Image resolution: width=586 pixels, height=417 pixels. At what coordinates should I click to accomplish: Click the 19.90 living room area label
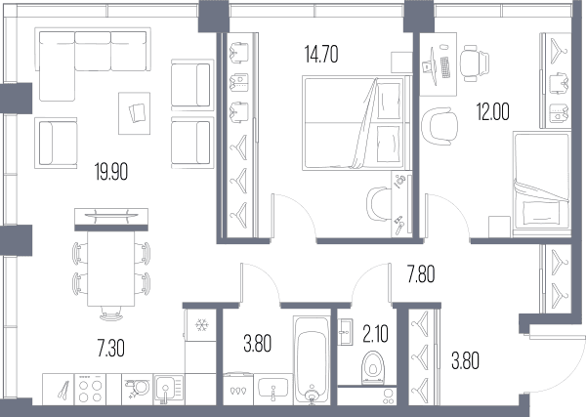(111, 172)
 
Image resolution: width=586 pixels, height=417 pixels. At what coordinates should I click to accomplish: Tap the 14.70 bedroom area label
(321, 54)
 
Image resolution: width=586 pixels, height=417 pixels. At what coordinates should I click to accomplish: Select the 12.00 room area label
(492, 111)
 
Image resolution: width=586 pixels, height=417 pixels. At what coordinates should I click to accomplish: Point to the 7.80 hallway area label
(421, 274)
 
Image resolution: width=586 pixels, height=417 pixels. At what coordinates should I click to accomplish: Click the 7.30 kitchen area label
(111, 349)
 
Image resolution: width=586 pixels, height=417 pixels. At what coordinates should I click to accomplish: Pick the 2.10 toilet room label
(375, 334)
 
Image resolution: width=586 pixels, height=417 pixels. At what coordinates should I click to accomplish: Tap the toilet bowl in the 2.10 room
(373, 367)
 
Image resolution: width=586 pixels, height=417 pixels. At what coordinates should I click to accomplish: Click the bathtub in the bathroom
(312, 360)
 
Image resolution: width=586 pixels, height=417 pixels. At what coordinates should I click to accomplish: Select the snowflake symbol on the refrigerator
(201, 325)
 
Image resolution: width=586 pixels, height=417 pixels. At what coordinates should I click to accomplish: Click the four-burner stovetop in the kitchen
(90, 390)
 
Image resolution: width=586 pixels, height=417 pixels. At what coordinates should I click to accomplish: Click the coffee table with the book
(134, 113)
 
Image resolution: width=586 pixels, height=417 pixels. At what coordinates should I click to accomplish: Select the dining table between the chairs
(111, 269)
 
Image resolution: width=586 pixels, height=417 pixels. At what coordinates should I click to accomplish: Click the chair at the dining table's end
(111, 313)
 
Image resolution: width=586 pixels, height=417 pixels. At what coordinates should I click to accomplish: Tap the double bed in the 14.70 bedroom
(356, 123)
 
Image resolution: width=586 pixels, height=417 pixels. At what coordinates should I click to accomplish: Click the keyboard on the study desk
(444, 67)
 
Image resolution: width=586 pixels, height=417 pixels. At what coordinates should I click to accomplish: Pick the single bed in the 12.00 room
(542, 184)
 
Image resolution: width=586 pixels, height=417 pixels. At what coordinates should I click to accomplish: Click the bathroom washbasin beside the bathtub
(273, 389)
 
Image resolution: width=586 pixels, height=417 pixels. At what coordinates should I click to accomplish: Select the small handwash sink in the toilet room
(345, 332)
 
